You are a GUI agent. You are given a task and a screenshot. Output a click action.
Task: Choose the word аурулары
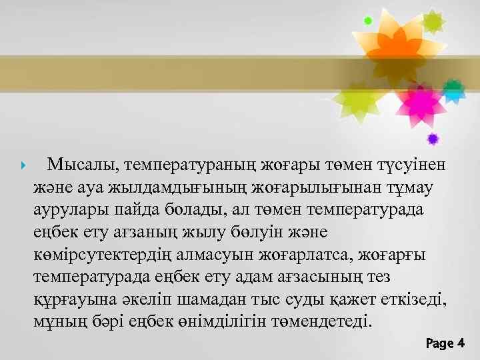click(65, 209)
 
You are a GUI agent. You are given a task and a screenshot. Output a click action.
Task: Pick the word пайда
click(127, 209)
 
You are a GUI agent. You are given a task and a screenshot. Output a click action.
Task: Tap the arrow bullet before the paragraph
click(22, 164)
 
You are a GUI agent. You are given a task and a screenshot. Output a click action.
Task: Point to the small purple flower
click(433, 139)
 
